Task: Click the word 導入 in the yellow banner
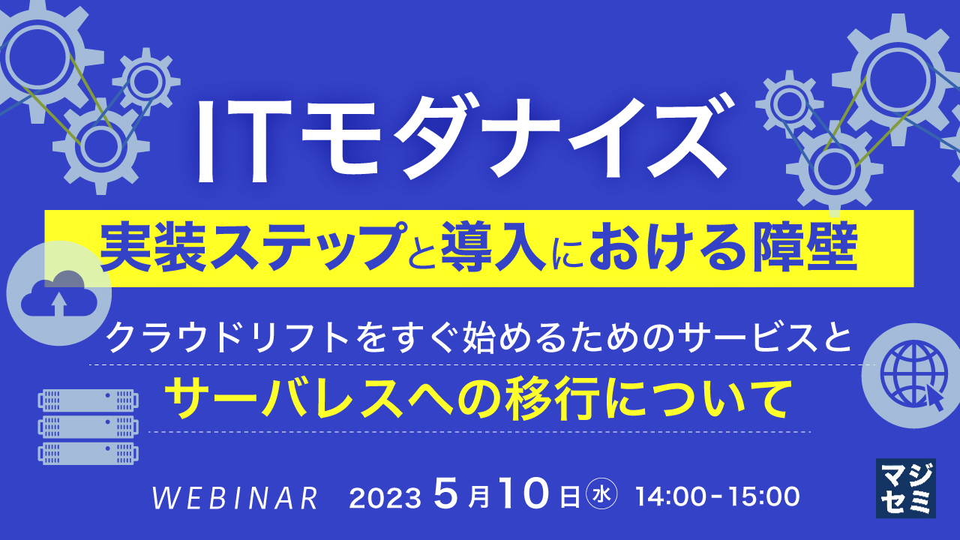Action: tap(493, 247)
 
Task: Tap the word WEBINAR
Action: tap(235, 497)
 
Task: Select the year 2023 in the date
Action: tap(385, 497)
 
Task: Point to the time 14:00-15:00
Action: tap(718, 496)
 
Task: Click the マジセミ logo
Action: tap(905, 488)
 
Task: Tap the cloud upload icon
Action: tap(59, 293)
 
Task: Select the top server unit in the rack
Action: tap(88, 400)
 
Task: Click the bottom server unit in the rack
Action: tap(88, 454)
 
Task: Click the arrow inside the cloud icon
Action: tap(59, 304)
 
